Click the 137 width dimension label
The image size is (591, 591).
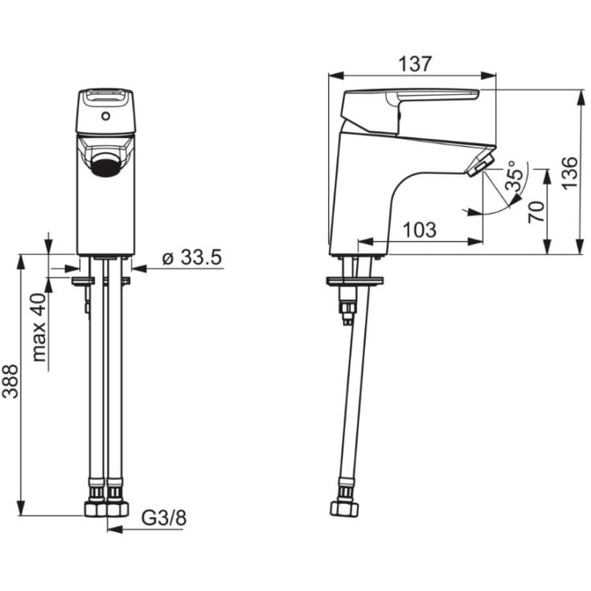tap(414, 64)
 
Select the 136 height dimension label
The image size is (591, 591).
tap(568, 173)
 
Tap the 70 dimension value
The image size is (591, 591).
tap(536, 211)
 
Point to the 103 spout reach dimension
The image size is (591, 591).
tap(420, 229)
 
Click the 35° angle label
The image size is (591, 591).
tap(515, 175)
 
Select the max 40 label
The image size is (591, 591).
tap(39, 327)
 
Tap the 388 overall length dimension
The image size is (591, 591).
tap(10, 381)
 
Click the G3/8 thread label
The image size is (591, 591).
tap(164, 519)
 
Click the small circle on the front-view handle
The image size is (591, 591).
tap(106, 116)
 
